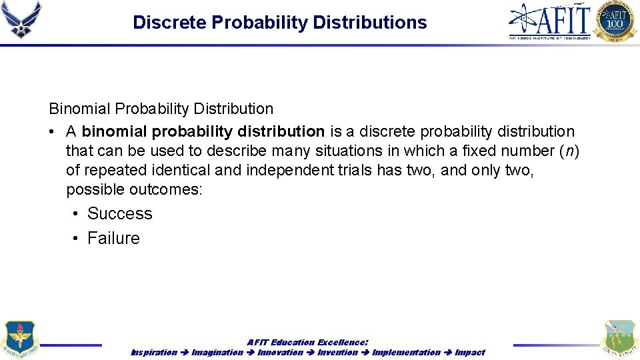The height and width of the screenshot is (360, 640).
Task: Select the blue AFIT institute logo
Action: coord(550,21)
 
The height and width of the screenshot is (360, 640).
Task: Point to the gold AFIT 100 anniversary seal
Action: coord(615,21)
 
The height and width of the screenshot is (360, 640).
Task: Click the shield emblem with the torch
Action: coord(19,339)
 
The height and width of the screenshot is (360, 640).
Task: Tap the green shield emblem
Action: coord(619,339)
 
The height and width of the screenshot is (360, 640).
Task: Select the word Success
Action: coord(119,214)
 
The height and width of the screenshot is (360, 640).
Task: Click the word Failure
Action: coord(113,239)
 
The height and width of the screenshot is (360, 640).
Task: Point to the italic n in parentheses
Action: coord(570,151)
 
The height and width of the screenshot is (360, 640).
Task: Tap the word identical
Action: coord(183,170)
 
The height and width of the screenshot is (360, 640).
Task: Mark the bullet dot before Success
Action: coord(77,214)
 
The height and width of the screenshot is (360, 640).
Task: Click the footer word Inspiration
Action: coord(154,352)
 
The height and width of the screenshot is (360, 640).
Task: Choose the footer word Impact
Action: coord(470,352)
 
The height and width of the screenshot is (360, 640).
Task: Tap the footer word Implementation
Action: coord(406,352)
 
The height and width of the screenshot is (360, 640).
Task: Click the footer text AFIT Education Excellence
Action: coord(307,342)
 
